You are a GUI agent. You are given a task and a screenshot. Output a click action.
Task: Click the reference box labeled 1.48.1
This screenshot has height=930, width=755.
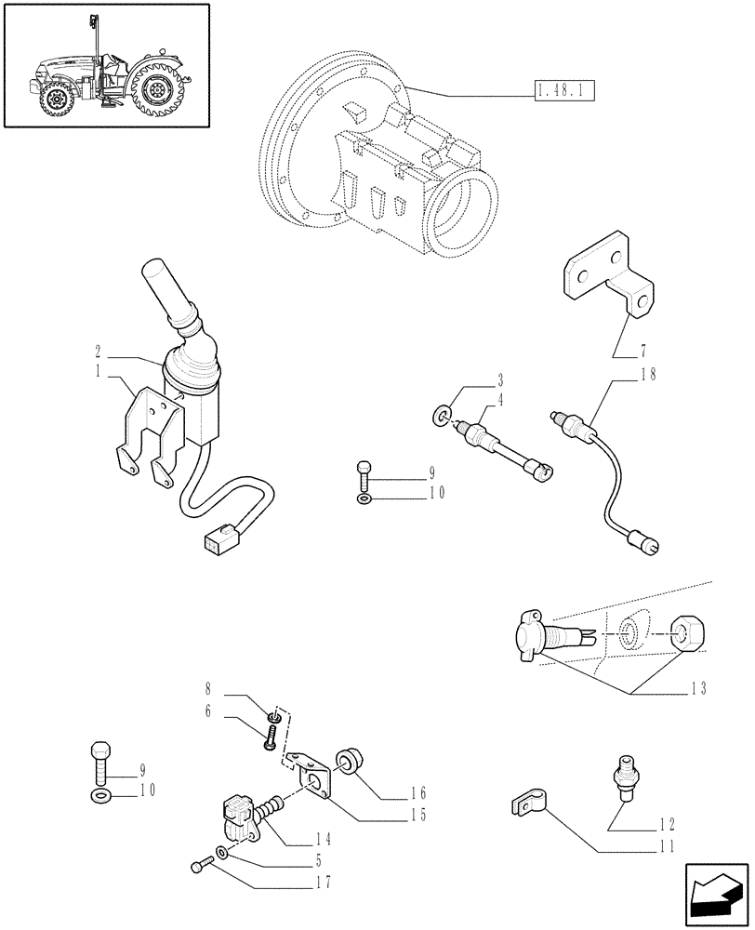click(x=564, y=91)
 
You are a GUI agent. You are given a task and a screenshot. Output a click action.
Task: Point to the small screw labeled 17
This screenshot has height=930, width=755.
click(x=196, y=867)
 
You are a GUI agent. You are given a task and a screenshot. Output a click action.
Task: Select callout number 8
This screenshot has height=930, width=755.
click(x=209, y=691)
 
